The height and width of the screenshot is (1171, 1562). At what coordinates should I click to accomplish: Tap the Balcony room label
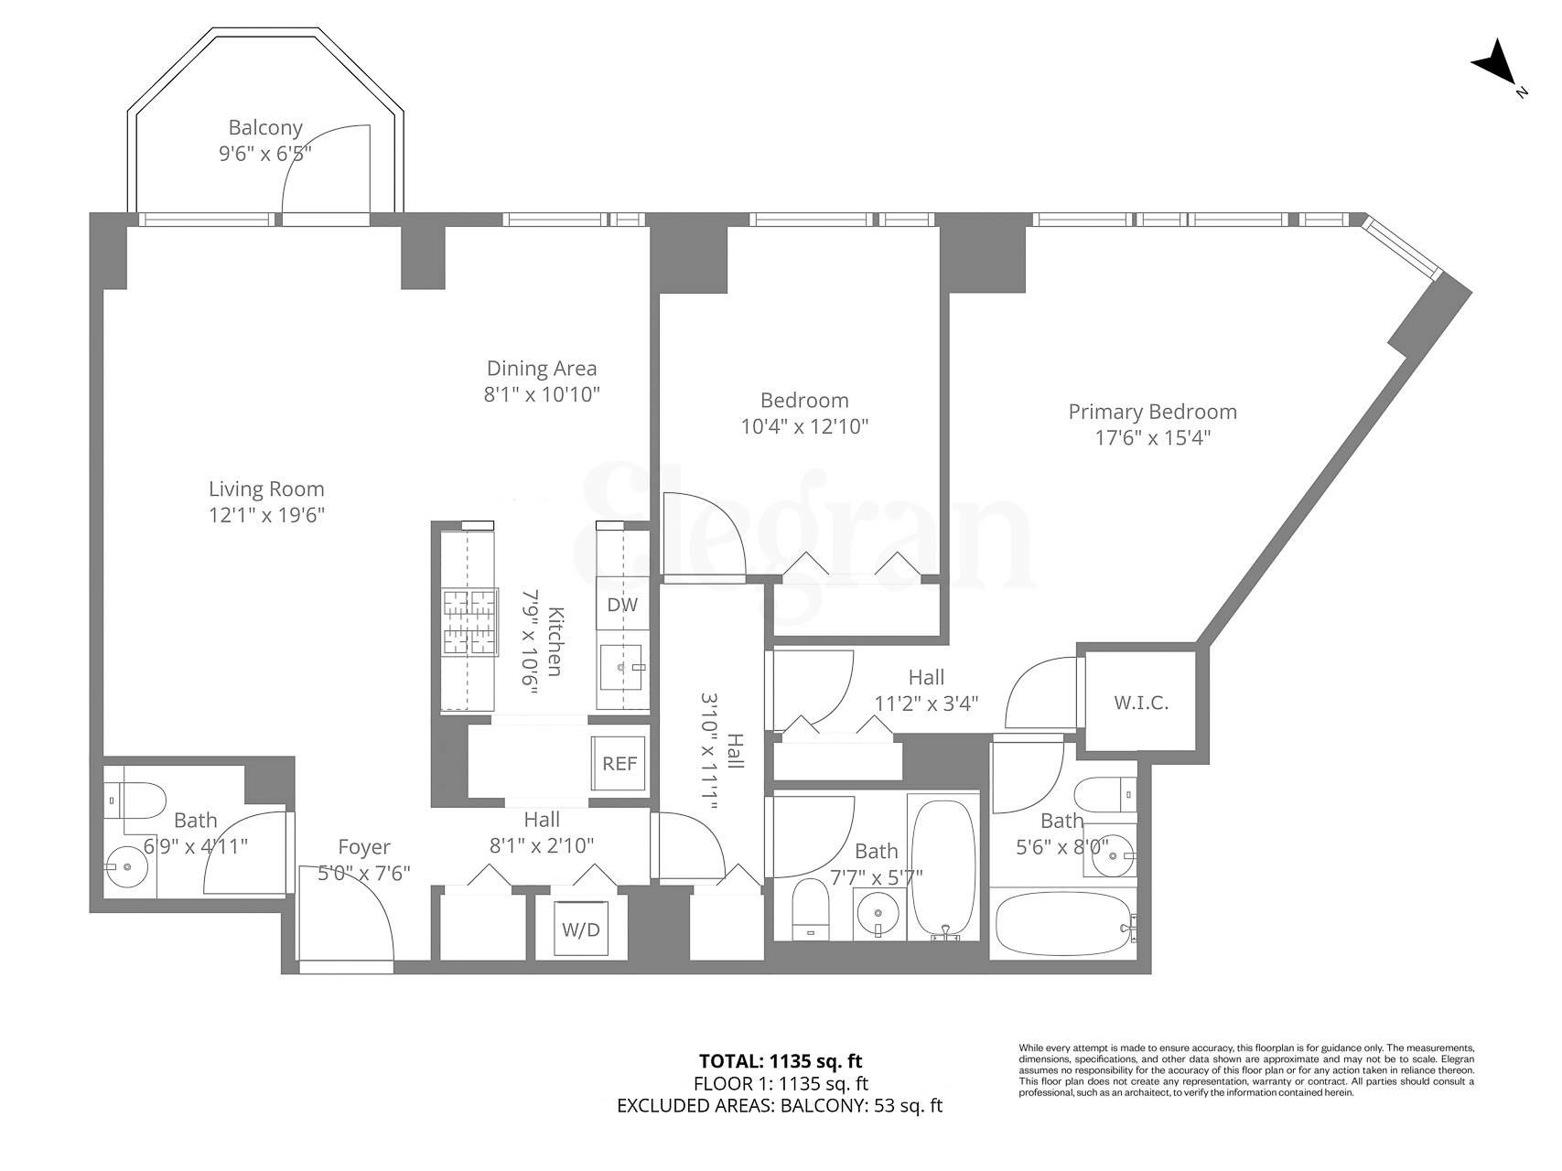[x=265, y=128]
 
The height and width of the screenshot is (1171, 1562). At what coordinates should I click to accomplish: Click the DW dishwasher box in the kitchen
[x=622, y=605]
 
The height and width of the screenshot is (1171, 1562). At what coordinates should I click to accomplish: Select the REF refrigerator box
[x=619, y=763]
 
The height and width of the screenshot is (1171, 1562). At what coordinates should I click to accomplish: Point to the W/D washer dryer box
[x=580, y=930]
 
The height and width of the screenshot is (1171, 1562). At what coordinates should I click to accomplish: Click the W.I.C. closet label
[x=1140, y=704]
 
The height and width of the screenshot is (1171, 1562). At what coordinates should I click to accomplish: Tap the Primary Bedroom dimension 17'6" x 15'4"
[x=1153, y=438]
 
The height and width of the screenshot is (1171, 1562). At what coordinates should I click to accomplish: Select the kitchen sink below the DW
[x=623, y=668]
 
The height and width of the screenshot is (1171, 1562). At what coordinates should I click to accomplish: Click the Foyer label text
[x=363, y=847]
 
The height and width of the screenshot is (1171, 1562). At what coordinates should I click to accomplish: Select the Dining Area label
[x=542, y=369]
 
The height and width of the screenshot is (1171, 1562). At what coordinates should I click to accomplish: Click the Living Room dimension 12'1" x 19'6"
[x=266, y=515]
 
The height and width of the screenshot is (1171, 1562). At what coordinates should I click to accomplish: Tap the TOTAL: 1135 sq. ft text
[x=781, y=1061]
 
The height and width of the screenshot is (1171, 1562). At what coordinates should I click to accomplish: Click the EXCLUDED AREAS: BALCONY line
[x=780, y=1105]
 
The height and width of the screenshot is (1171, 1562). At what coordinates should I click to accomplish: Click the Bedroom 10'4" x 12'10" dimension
[x=804, y=426]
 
